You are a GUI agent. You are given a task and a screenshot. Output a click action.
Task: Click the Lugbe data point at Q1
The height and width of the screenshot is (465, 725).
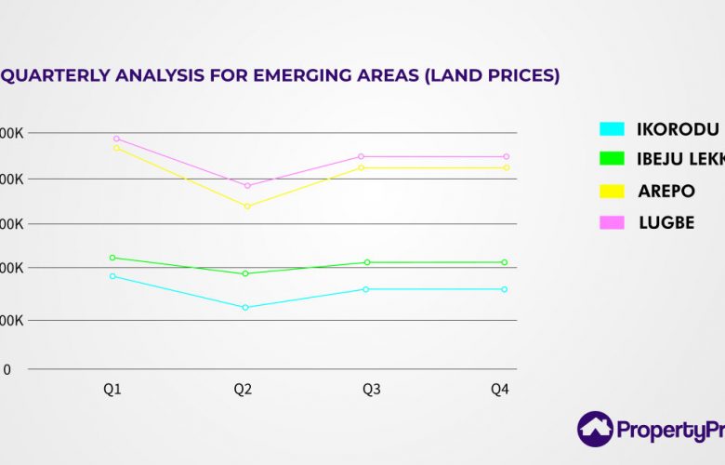pyautogui.click(x=116, y=139)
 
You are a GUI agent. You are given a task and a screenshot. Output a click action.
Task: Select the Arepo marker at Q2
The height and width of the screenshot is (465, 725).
pyautogui.click(x=246, y=206)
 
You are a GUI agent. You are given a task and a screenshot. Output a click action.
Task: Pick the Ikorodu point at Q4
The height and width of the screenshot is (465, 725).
pyautogui.click(x=505, y=289)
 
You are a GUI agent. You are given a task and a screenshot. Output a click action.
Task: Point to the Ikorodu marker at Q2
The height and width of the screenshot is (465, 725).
pyautogui.click(x=245, y=307)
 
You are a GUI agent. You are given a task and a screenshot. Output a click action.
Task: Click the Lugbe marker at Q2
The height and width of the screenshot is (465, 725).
pyautogui.click(x=247, y=186)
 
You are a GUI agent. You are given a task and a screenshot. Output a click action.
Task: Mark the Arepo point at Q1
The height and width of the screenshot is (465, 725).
pyautogui.click(x=116, y=148)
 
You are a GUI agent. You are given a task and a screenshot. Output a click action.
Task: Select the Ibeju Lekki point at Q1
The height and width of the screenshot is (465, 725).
pyautogui.click(x=112, y=258)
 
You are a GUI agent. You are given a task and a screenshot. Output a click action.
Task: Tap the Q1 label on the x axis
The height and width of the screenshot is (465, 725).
pyautogui.click(x=112, y=390)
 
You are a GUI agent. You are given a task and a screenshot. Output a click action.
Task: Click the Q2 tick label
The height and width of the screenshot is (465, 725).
pyautogui.click(x=243, y=390)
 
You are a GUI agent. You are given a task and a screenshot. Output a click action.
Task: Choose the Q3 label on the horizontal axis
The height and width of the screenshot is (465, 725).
pyautogui.click(x=371, y=390)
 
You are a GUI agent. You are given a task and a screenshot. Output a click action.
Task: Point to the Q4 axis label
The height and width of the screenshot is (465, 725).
pyautogui.click(x=500, y=390)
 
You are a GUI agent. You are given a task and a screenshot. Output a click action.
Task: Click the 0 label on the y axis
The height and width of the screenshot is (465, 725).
pyautogui.click(x=7, y=369)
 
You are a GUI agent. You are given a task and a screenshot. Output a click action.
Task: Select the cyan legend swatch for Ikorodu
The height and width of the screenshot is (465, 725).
pyautogui.click(x=612, y=129)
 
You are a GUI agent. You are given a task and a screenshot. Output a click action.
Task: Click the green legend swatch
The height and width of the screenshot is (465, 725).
pyautogui.click(x=612, y=160)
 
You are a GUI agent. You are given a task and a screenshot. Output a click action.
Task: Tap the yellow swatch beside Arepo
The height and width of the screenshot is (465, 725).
pyautogui.click(x=612, y=192)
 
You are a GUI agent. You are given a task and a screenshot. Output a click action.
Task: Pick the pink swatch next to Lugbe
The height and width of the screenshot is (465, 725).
pyautogui.click(x=612, y=222)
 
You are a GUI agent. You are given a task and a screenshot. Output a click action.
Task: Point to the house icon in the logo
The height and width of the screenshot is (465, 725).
pyautogui.click(x=595, y=429)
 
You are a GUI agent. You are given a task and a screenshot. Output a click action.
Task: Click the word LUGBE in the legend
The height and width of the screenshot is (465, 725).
pyautogui.click(x=666, y=223)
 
